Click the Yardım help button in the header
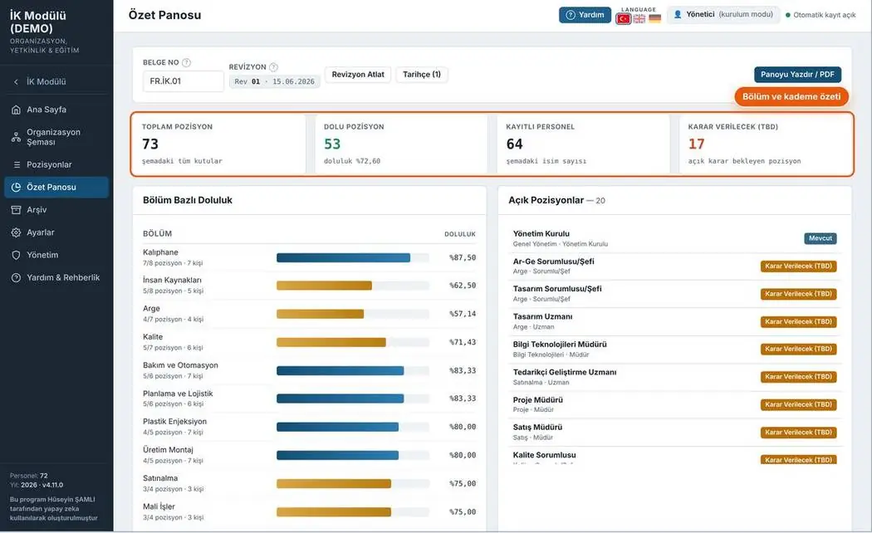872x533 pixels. pos(585,15)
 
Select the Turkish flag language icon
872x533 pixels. pos(624,19)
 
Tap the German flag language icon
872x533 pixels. pos(654,19)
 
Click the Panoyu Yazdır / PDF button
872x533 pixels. pos(797,75)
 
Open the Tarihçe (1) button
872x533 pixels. pos(422,75)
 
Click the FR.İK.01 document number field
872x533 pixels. pos(183,81)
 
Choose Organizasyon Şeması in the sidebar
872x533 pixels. pos(53,137)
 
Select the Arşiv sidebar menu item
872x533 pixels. pos(37,210)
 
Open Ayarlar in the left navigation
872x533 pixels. pos(41,232)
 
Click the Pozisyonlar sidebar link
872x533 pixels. pos(49,164)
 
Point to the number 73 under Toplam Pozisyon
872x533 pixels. pos(150,144)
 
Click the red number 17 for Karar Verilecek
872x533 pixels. pos(696,144)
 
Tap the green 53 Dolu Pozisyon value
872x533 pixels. pos(332,144)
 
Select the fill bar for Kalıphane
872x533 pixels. pos(353,258)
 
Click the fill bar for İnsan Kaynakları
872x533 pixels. pos(353,286)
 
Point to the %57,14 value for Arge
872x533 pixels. pos(463,314)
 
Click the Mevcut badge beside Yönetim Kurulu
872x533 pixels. pos(821,238)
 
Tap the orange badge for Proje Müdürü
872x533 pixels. pos(799,404)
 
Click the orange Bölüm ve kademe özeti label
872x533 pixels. pos(791,96)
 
